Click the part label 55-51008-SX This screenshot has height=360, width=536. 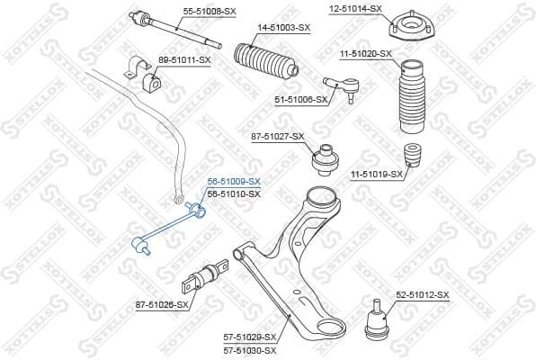(210, 12)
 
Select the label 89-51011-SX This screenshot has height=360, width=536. (184, 59)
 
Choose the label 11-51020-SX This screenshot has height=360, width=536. (365, 54)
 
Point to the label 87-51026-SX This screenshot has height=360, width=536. (162, 304)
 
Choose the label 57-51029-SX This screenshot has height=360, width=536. (250, 337)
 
